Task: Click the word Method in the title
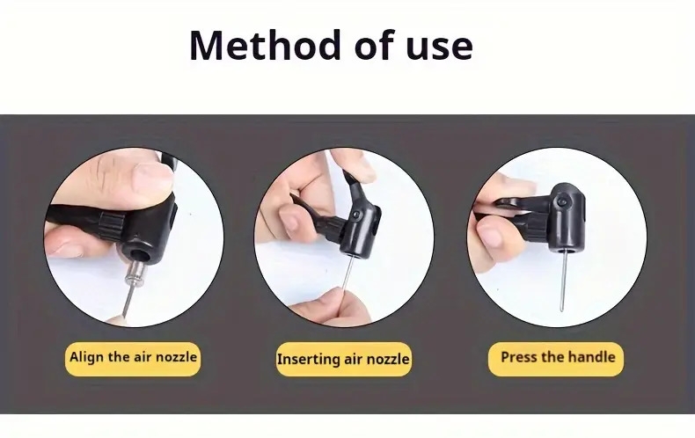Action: point(264,45)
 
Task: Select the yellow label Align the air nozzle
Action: point(133,358)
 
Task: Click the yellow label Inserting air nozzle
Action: point(343,359)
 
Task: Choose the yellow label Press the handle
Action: point(556,358)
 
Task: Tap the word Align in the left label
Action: point(86,357)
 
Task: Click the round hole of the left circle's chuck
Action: point(141,256)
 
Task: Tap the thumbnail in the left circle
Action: point(153,175)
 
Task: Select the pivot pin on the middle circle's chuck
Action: point(357,214)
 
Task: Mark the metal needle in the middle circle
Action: point(348,276)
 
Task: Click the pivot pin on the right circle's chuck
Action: point(562,201)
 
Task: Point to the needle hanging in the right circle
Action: point(563,280)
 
